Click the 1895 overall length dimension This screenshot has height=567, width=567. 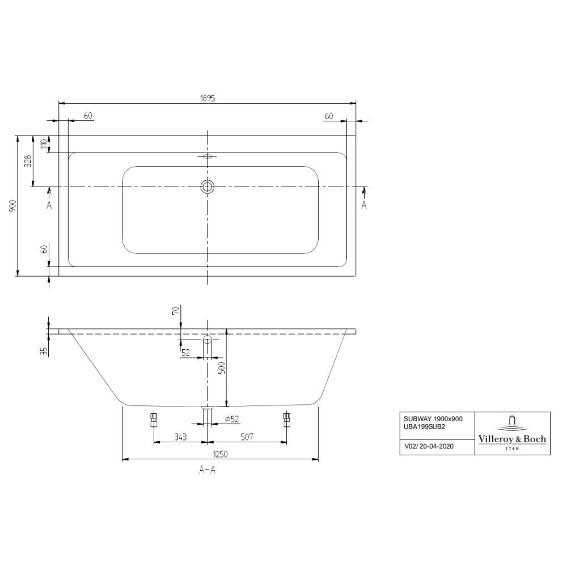pos(207,98)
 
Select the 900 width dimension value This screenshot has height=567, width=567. pos(12,206)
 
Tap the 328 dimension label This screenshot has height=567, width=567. pos(28,161)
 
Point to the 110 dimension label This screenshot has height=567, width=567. pos(44,144)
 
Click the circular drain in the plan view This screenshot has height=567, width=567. pos(207,187)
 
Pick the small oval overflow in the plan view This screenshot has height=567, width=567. pos(207,156)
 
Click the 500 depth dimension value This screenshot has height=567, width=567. pos(222,367)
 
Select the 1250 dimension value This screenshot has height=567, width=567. pos(220,454)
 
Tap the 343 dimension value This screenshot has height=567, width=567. pos(180,437)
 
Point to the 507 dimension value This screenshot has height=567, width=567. pos(247,437)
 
